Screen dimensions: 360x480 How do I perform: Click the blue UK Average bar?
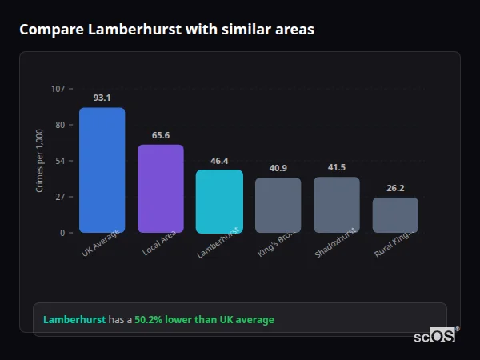[102, 170]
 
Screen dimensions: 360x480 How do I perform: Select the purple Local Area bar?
[161, 189]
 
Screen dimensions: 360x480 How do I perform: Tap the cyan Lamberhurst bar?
[219, 202]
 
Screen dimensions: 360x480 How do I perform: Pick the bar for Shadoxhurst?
[337, 205]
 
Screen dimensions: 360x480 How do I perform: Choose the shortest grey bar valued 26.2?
[395, 215]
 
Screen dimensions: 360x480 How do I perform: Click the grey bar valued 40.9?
[278, 206]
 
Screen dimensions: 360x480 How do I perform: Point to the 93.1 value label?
[102, 98]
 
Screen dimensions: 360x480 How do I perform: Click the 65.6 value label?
[161, 135]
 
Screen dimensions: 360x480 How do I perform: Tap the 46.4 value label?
[219, 161]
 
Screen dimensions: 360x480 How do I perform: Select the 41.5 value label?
[337, 167]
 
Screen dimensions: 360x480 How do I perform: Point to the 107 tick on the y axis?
[58, 88]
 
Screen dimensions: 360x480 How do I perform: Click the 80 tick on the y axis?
[60, 125]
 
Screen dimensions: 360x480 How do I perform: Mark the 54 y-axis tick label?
[60, 161]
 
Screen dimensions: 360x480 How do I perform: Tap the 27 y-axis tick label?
[60, 197]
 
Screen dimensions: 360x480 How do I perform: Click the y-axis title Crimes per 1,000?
[40, 161]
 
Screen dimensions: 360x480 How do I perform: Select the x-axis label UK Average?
[101, 243]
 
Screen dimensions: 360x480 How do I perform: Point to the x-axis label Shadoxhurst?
[335, 242]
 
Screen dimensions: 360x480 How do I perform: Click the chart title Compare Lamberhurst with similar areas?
[166, 30]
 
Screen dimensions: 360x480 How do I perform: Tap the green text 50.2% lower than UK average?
[204, 320]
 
